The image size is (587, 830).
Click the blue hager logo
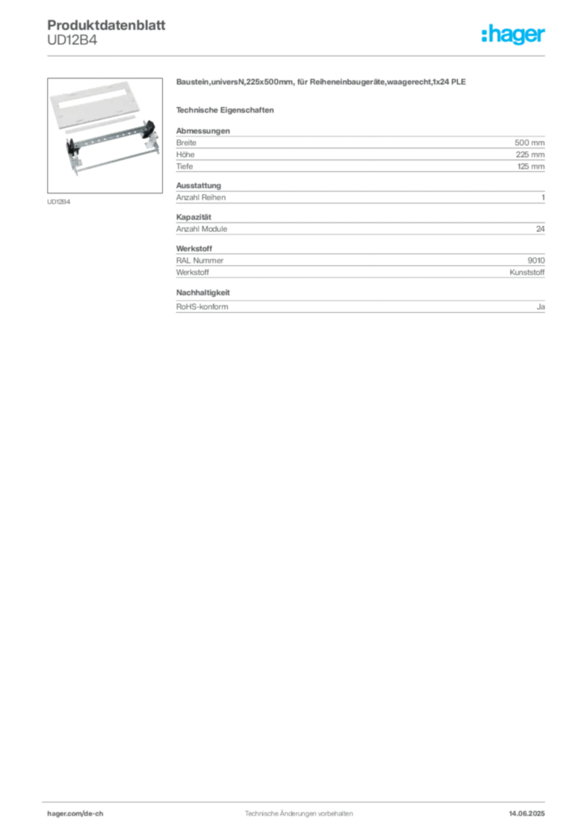click(513, 35)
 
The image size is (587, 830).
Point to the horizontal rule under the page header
click(298, 55)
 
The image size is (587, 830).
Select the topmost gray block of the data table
click(360, 148)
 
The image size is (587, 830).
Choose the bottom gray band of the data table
click(360, 307)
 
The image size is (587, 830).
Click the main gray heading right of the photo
click(321, 84)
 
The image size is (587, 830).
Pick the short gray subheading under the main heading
click(227, 109)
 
